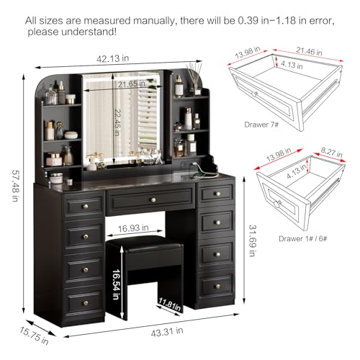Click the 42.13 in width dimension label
click(113, 58)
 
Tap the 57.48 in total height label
click(15, 186)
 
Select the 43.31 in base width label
click(167, 331)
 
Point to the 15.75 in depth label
click(34, 336)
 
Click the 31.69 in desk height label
click(252, 240)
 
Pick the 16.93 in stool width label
click(133, 228)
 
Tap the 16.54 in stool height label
click(116, 284)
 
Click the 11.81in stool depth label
click(169, 305)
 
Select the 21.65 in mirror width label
click(132, 84)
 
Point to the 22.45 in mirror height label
click(117, 122)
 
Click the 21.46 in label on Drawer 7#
click(309, 51)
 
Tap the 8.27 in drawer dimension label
click(332, 152)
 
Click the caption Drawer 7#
click(261, 125)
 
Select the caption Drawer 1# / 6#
click(303, 238)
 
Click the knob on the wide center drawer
click(153, 199)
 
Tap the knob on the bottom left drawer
click(86, 303)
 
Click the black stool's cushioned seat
click(145, 243)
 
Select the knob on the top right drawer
click(217, 194)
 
